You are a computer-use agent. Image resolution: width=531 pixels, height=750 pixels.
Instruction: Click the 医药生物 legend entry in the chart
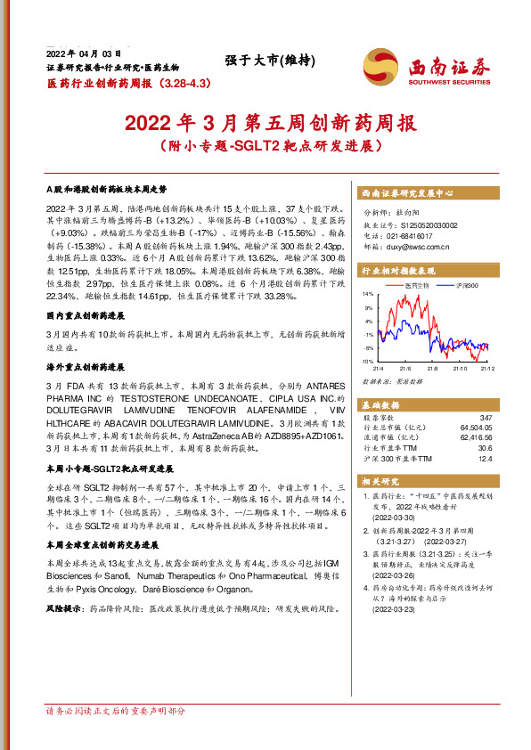(x=417, y=285)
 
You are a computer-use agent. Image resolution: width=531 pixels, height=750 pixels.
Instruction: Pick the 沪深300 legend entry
(x=466, y=285)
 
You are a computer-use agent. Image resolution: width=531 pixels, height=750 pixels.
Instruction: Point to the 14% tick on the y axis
(x=368, y=293)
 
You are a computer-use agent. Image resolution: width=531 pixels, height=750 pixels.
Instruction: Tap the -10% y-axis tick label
(x=367, y=362)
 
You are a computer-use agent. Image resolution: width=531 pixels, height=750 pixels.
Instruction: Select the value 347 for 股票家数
(x=485, y=418)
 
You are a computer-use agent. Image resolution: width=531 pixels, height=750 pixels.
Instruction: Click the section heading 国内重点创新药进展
(x=86, y=316)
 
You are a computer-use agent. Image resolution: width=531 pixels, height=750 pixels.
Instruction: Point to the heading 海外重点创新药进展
(x=86, y=366)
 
